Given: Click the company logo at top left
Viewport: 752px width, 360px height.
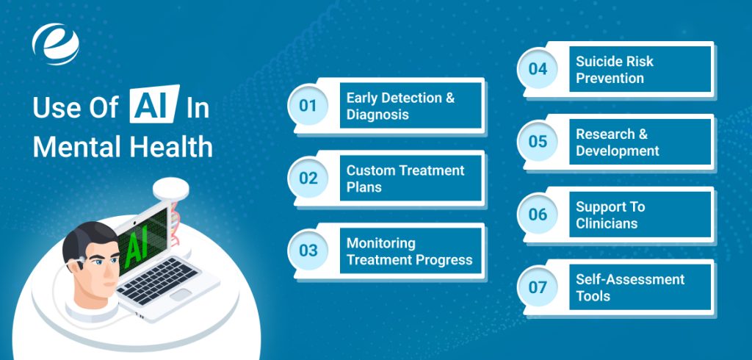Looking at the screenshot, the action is tap(56, 44).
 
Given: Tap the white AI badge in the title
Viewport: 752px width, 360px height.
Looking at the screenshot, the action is tap(154, 104).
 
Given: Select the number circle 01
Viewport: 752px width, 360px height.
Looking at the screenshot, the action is tap(308, 106).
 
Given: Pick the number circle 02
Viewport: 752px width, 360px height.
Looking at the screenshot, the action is tap(308, 178).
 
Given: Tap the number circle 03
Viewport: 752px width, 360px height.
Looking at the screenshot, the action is tap(308, 251).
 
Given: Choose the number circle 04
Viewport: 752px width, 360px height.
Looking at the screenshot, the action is tap(538, 69).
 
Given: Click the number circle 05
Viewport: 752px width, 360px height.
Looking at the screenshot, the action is tap(538, 142).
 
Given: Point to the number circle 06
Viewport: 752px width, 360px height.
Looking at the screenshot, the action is tap(538, 215).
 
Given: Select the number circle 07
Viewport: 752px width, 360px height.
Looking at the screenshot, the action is tap(538, 287).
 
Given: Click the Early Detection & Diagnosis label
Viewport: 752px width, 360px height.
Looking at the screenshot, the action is tap(400, 106).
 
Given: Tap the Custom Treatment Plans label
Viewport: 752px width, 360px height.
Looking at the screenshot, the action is tap(405, 179).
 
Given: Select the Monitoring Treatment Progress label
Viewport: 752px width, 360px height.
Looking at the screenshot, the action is tap(409, 251).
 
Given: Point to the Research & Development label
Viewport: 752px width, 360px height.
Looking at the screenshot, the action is tap(617, 143).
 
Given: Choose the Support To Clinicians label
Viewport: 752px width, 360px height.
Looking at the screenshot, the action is tap(610, 215).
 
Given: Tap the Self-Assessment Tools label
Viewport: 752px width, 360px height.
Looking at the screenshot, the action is tap(630, 287).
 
